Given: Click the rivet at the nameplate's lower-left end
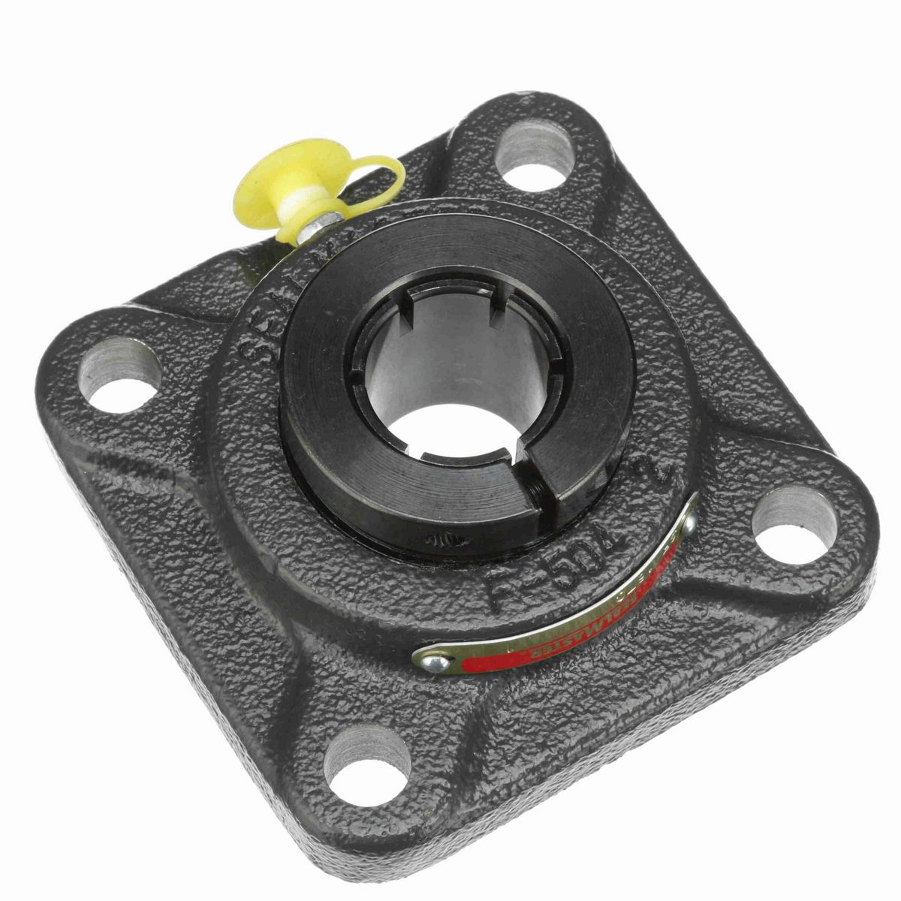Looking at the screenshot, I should [x=439, y=661].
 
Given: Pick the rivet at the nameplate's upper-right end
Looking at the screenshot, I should [x=685, y=526].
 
